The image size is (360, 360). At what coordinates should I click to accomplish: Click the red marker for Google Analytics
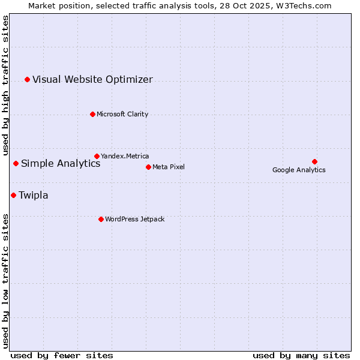click(x=314, y=161)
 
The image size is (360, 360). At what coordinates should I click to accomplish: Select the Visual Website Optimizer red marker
click(x=27, y=79)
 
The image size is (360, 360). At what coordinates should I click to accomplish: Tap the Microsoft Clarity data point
click(x=92, y=114)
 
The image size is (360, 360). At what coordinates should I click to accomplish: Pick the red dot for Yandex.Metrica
click(x=97, y=156)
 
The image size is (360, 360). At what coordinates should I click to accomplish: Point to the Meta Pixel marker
click(x=148, y=167)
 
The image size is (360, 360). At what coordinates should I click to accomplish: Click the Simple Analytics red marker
click(x=16, y=163)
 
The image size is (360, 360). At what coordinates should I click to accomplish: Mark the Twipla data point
click(x=13, y=195)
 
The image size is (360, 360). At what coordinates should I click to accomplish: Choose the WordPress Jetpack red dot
click(x=101, y=219)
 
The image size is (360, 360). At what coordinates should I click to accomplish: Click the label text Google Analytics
click(x=299, y=170)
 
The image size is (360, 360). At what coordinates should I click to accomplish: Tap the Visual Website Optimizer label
click(x=92, y=80)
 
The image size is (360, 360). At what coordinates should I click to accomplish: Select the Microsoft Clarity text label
click(x=122, y=115)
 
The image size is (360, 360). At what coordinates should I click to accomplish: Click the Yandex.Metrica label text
click(x=125, y=157)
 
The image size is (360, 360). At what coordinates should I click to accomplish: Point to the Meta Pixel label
click(x=169, y=167)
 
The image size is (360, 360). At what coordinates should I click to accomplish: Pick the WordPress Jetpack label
click(x=134, y=220)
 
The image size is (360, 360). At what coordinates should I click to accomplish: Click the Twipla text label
click(x=34, y=196)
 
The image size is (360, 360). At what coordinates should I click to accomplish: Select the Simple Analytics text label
click(x=61, y=164)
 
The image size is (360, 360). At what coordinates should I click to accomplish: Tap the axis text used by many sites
click(x=301, y=355)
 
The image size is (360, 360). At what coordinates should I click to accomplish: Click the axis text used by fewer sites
click(x=62, y=355)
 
